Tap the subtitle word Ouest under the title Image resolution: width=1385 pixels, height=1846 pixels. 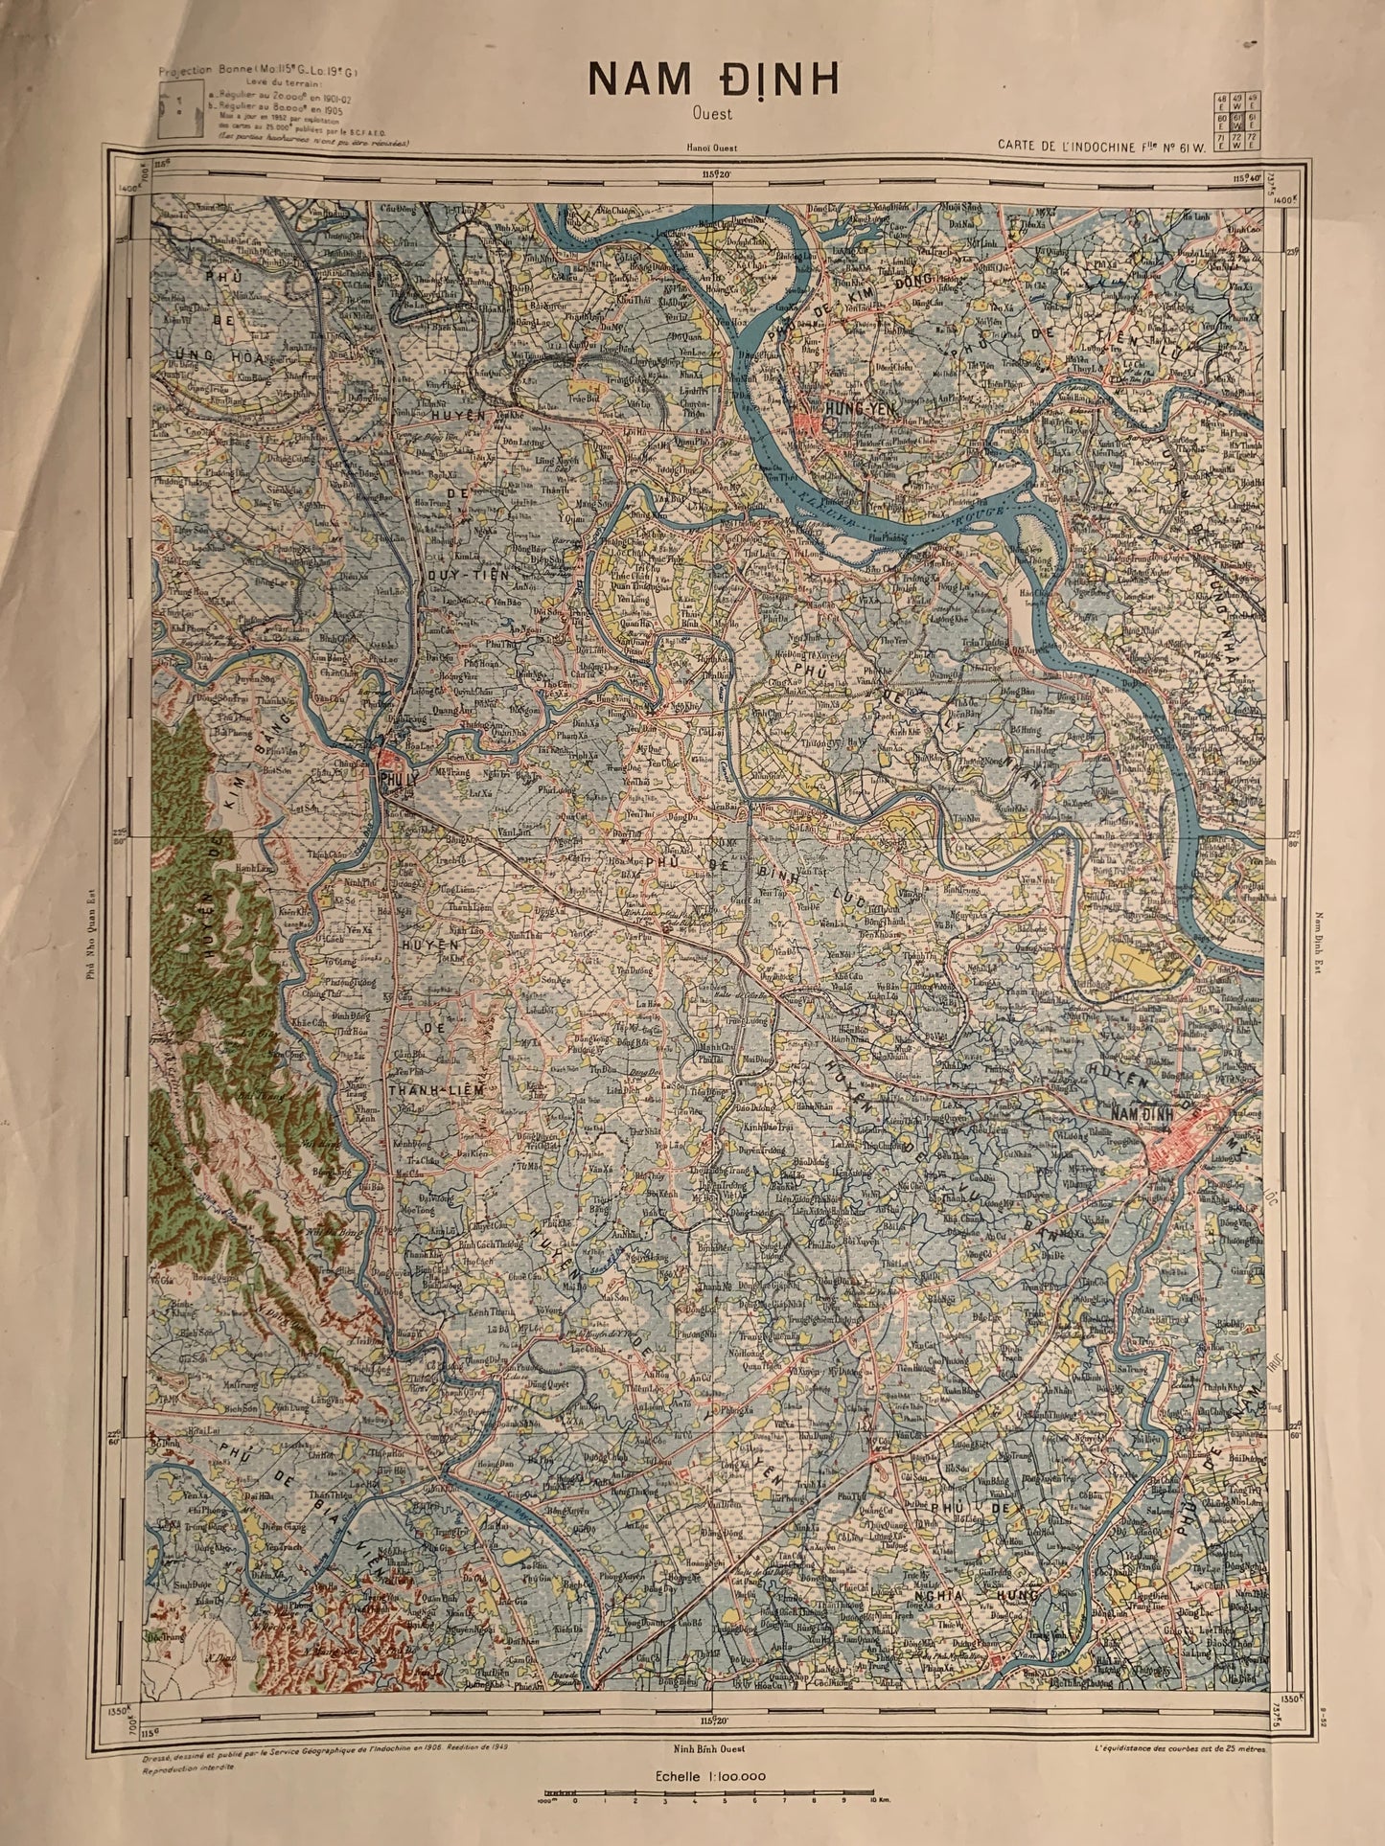[x=713, y=114]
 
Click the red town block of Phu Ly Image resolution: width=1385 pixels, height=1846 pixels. [x=391, y=766]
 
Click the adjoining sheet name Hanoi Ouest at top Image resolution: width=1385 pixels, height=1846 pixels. [x=706, y=148]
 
